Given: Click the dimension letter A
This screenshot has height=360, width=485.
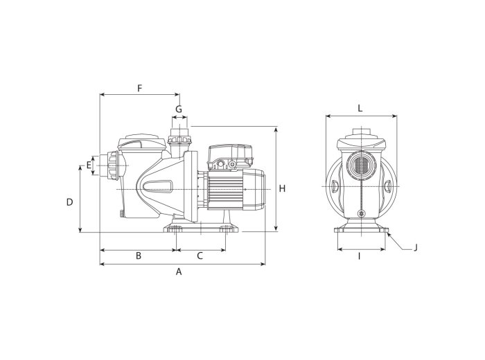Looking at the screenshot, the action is click(x=179, y=271).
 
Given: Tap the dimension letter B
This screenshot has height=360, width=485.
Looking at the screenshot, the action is click(x=139, y=256).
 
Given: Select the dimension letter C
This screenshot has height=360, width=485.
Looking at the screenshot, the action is click(x=200, y=256).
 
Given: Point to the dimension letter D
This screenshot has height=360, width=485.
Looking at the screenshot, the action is click(x=69, y=202).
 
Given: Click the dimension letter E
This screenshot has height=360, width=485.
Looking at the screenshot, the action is click(x=89, y=165).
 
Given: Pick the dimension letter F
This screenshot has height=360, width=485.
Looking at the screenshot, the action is click(x=139, y=89).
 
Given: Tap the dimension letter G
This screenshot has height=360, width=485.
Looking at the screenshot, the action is click(x=179, y=109).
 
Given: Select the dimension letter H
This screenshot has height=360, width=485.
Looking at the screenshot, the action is click(x=282, y=188).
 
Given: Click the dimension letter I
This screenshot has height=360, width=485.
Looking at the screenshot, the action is click(x=359, y=256).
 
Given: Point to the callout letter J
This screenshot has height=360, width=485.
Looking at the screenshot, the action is click(x=416, y=248).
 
